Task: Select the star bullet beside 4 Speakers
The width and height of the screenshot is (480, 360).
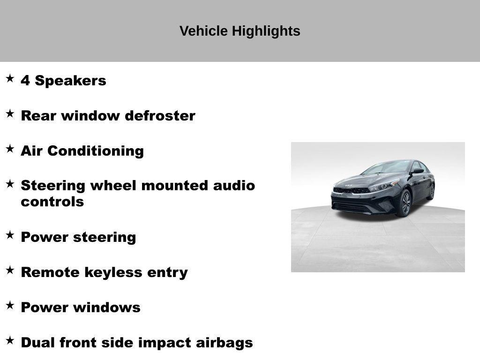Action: (x=10, y=78)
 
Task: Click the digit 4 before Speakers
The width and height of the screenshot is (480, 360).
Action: (x=25, y=81)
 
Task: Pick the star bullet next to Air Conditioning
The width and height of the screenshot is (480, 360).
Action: (x=10, y=149)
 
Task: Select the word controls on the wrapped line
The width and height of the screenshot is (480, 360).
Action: (x=52, y=202)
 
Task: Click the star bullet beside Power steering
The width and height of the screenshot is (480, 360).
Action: (x=10, y=235)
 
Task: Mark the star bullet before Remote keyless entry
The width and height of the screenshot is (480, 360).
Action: (x=10, y=270)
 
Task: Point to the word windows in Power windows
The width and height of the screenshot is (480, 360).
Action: (x=113, y=307)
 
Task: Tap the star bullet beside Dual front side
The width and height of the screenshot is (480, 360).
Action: (x=10, y=340)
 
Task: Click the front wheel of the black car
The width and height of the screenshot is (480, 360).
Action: (x=405, y=203)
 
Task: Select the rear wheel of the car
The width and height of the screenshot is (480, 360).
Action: (x=431, y=191)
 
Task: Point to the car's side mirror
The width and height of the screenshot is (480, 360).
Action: (x=417, y=171)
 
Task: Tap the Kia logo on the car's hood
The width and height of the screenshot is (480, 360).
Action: (x=348, y=186)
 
